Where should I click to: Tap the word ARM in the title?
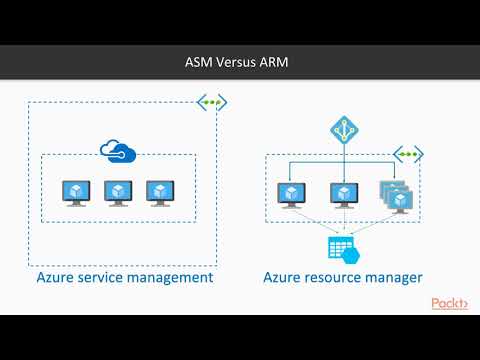click(280, 61)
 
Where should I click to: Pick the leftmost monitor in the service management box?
click(76, 191)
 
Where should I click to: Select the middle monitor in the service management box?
click(118, 191)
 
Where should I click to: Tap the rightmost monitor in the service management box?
click(160, 191)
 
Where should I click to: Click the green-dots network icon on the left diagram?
click(211, 103)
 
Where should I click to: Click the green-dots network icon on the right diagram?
click(409, 155)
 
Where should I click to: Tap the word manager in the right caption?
click(395, 277)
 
